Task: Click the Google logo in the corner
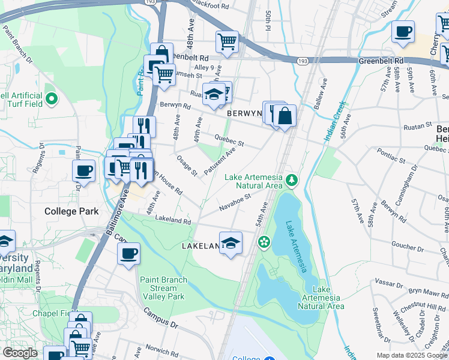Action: [x=19, y=353]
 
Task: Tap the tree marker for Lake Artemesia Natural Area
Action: [x=292, y=179]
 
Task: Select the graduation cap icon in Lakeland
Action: [x=230, y=243]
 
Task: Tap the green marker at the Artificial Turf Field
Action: [x=52, y=98]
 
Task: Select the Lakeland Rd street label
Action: [x=173, y=220]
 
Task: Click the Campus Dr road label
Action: [x=161, y=319]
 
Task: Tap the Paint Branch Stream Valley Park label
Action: [x=163, y=288]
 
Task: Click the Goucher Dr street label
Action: [x=408, y=245]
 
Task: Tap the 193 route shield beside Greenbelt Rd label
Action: [x=303, y=61]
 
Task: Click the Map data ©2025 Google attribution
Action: [x=411, y=355]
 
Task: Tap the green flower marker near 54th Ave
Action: [x=263, y=242]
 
